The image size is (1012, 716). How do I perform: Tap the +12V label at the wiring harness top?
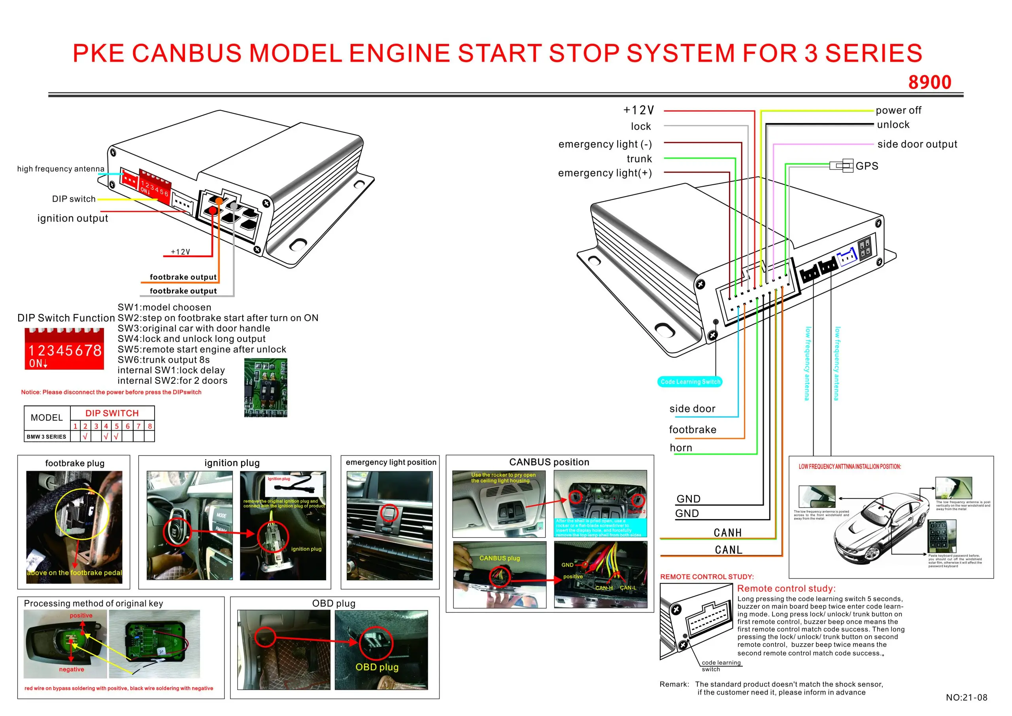pyautogui.click(x=639, y=110)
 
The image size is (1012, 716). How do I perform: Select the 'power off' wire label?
pyautogui.click(x=898, y=110)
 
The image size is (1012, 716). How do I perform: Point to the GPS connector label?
pyautogui.click(x=867, y=166)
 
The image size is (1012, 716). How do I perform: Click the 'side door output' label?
pyautogui.click(x=917, y=144)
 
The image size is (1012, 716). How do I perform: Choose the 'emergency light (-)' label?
pyautogui.click(x=605, y=144)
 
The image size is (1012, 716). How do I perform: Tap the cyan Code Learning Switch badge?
pyautogui.click(x=690, y=382)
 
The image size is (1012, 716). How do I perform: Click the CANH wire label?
pyautogui.click(x=728, y=533)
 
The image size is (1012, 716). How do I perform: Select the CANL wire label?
pyautogui.click(x=729, y=550)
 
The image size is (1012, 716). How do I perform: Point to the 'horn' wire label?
pyautogui.click(x=681, y=448)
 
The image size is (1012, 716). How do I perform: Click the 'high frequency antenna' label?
pyautogui.click(x=61, y=169)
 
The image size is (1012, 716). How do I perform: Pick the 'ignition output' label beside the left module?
pyautogui.click(x=73, y=218)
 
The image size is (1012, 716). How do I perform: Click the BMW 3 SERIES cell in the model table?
pyautogui.click(x=46, y=437)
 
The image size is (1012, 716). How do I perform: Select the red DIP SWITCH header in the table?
pyautogui.click(x=112, y=413)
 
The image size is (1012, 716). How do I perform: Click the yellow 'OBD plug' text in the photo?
pyautogui.click(x=377, y=667)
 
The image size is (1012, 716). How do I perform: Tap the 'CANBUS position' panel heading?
pyautogui.click(x=549, y=462)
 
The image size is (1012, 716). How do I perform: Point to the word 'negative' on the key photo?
pyautogui.click(x=72, y=669)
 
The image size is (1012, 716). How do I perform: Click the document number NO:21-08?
pyautogui.click(x=966, y=697)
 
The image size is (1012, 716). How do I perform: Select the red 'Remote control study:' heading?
pyautogui.click(x=786, y=589)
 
